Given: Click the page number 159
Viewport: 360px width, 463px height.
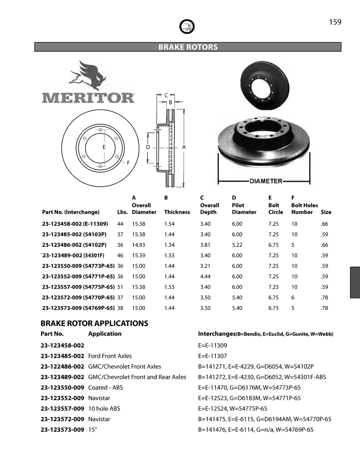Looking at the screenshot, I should coord(335,22).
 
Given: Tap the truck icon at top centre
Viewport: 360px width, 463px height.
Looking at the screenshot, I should coord(187,26).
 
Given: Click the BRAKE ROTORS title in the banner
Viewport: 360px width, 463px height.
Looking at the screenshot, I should coord(188,47).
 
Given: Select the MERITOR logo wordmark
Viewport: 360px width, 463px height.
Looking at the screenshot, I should coord(88,98).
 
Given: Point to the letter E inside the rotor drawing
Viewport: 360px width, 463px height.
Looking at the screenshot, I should coord(104,147).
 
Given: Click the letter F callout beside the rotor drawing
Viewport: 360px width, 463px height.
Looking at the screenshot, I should coord(128,163).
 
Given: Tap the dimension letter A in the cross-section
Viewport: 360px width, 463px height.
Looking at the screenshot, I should coord(184,147).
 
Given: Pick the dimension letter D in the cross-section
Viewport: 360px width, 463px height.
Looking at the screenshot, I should coord(148,147).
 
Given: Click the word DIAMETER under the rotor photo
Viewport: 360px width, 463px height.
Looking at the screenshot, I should coord(266,181).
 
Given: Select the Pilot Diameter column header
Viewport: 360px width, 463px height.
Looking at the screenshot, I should coord(244,209).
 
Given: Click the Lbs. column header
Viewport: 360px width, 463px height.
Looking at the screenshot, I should coord(122,212).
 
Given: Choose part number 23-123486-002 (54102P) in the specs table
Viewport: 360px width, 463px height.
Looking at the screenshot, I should coord(74,245).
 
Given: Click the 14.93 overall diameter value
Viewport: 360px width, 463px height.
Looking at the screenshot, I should coord(139,245).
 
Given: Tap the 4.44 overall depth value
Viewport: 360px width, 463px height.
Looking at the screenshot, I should coord(205,276).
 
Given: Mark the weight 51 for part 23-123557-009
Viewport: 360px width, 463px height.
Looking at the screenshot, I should coord(120,287).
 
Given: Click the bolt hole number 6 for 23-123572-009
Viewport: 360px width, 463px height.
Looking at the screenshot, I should coord(293,298).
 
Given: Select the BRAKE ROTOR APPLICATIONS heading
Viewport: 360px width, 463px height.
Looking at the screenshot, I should coord(94,323).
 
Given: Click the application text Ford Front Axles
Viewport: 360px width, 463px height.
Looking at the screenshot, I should coord(110,356).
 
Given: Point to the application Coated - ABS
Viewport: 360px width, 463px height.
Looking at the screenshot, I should coord(105,387).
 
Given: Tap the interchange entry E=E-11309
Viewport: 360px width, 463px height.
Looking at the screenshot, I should coord(213,345).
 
